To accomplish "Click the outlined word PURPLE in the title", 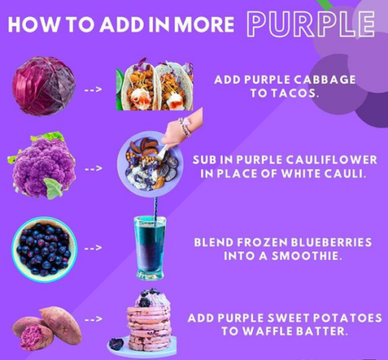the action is click(x=311, y=24).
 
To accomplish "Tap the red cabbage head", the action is click(x=44, y=86).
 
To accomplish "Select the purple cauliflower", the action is click(x=43, y=165).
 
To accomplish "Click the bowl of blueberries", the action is click(x=44, y=249).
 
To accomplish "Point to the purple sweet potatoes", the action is click(x=47, y=328).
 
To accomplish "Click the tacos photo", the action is click(x=154, y=86).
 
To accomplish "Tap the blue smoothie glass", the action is click(x=151, y=248).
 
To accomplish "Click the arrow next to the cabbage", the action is click(x=93, y=90).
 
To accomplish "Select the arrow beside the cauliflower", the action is click(x=93, y=168).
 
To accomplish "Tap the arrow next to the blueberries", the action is click(x=93, y=247).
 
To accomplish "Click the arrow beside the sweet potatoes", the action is click(x=93, y=320).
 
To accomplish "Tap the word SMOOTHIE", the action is click(x=305, y=256).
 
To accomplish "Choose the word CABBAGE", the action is click(x=324, y=80).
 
